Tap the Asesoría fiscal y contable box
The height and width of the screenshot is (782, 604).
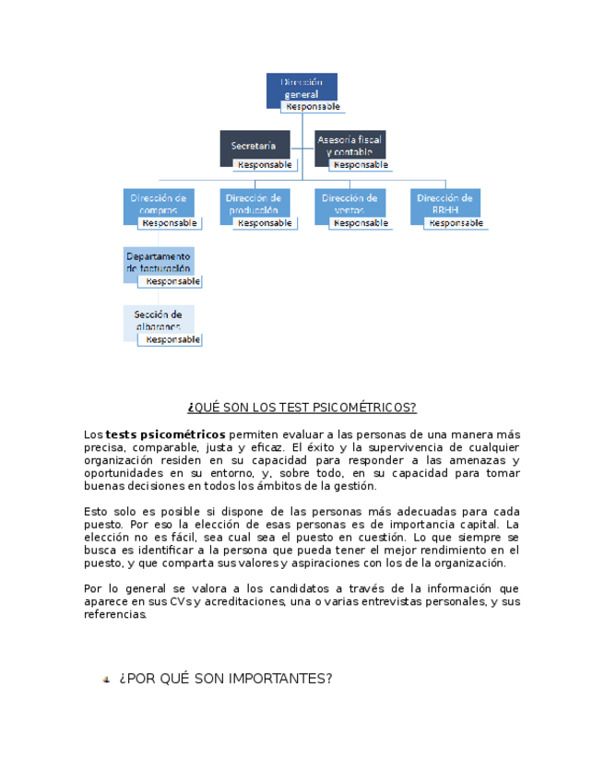349,143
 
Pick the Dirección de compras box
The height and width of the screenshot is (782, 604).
158,202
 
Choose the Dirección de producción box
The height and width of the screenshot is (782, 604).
253,202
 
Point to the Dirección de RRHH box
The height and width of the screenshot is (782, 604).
444,202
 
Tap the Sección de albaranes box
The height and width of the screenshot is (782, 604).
158,318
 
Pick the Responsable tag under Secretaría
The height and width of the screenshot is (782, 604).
265,165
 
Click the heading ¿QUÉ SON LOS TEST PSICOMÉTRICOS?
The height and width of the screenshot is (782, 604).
302,408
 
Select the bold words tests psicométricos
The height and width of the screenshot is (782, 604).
165,434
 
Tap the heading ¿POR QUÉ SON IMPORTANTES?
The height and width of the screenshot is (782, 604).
225,679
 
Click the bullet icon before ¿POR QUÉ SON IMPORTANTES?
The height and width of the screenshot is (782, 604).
106,680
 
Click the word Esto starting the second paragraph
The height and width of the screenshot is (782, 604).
95,512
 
